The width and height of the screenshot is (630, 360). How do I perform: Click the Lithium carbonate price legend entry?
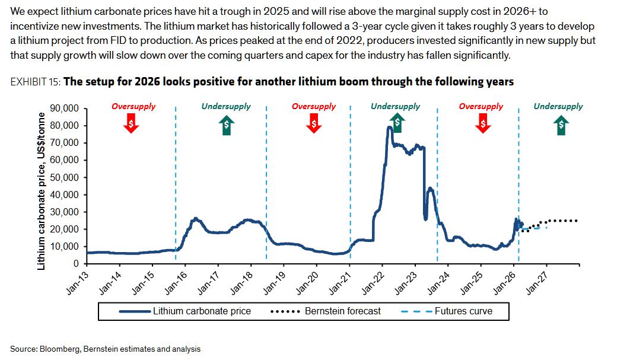coord(202,311)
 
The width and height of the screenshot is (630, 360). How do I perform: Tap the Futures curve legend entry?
coord(463,311)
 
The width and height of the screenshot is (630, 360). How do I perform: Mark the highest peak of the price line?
coord(390,127)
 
